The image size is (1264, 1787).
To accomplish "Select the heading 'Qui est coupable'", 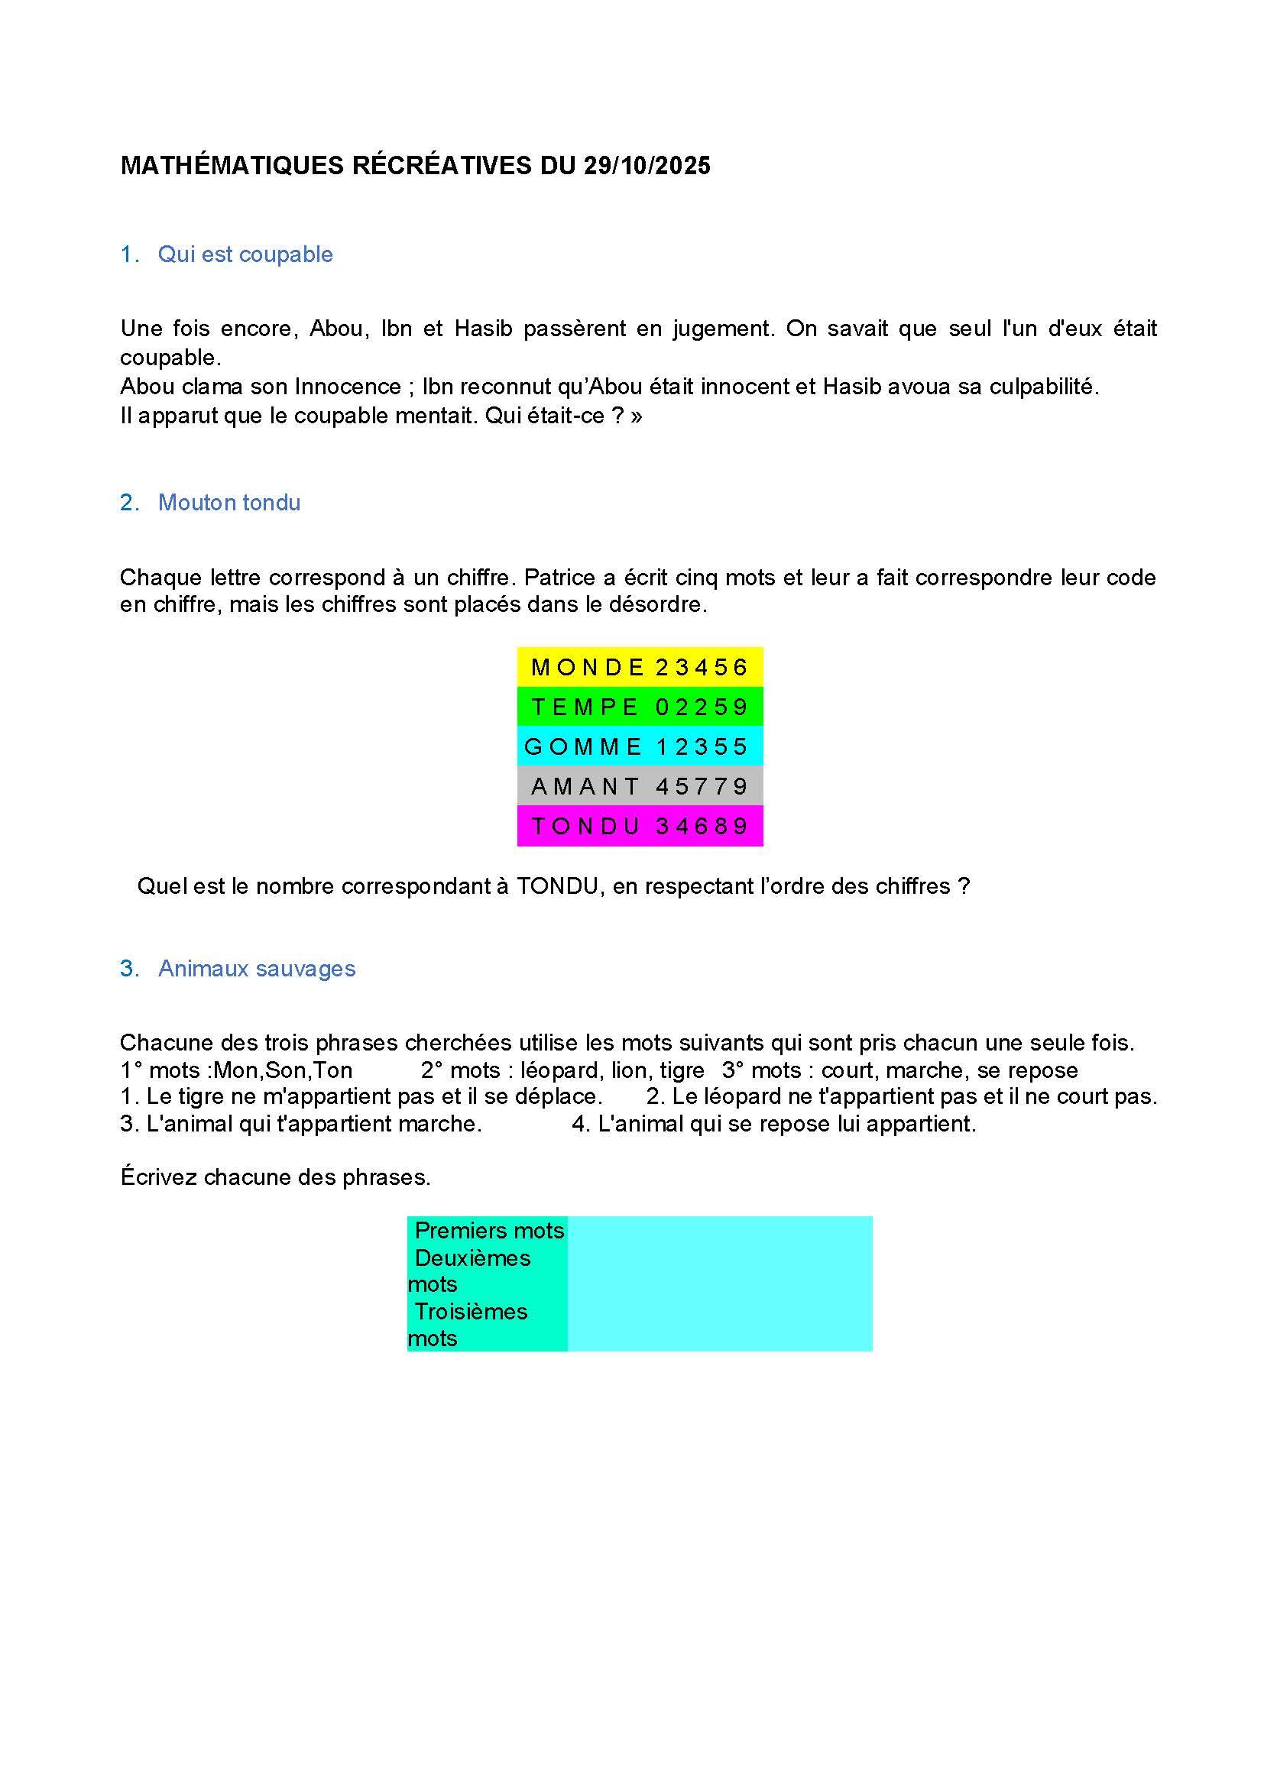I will pos(245,254).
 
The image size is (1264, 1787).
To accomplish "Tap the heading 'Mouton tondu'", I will pos(228,503).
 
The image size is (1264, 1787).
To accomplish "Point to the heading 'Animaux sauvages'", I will pos(256,968).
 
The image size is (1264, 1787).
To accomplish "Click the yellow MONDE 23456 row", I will pos(640,667).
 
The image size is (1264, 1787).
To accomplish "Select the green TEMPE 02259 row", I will pos(640,707).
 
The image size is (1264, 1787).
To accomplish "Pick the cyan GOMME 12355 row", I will pos(640,746).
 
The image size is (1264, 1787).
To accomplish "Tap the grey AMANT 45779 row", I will pos(640,786).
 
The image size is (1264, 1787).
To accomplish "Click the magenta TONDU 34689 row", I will pos(640,826).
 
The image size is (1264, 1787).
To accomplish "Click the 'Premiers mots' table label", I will pos(489,1231).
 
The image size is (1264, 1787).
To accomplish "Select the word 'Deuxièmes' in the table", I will pos(472,1258).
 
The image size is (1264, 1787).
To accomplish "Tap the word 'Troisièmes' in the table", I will pos(471,1312).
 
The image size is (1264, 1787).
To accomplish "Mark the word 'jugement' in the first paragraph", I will pos(723,329).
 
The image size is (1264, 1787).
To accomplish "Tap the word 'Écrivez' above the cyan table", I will pos(159,1177).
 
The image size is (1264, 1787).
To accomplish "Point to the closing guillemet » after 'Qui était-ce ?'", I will pos(637,416).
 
